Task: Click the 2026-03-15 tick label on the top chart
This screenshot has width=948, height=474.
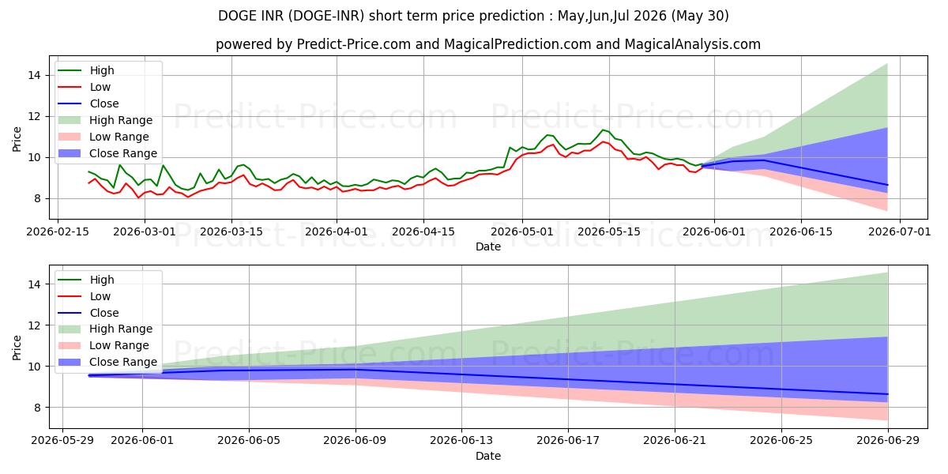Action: coord(231,232)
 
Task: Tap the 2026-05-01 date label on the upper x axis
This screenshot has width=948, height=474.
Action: coord(522,232)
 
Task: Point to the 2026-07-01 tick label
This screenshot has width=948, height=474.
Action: coord(899,232)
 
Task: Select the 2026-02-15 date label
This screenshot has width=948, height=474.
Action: coord(58,232)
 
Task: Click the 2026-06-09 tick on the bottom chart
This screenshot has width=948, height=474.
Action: coord(355,441)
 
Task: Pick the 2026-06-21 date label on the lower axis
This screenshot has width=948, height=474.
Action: coord(675,441)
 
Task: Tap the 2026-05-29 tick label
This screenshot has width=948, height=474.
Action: coord(62,441)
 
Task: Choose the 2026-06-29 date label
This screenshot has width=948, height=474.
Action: coord(887,441)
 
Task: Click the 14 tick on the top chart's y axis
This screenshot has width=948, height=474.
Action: coord(34,75)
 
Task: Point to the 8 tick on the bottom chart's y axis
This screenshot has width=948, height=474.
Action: coord(38,408)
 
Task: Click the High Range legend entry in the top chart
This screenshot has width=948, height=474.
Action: coord(105,120)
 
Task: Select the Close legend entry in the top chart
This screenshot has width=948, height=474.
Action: coord(88,103)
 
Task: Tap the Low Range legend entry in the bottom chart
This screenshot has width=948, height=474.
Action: coord(103,345)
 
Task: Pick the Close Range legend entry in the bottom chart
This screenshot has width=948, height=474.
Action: coord(107,362)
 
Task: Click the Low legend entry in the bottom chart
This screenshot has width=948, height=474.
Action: coord(84,296)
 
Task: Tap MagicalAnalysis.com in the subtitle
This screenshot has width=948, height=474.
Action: coord(692,44)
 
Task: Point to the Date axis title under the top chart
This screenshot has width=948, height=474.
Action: coord(488,246)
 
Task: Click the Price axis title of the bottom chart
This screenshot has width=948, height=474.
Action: coord(17,348)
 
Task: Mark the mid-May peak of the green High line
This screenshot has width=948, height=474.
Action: coord(603,130)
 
